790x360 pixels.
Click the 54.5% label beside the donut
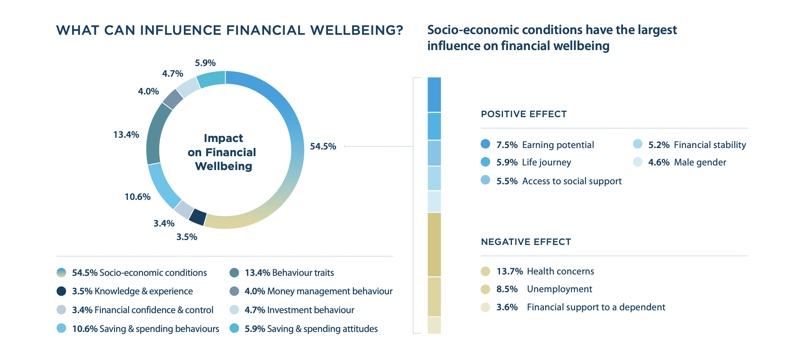tap(323, 146)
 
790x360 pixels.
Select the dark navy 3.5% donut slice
tap(198, 217)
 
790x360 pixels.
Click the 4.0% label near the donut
tap(148, 91)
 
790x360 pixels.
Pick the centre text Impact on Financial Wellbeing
tap(223, 152)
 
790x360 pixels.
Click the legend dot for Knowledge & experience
tap(61, 291)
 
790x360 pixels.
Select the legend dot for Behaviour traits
tap(234, 273)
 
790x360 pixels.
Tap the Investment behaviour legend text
tap(311, 310)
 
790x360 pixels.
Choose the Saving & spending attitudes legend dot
tap(234, 328)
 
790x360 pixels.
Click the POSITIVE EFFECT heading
tap(523, 114)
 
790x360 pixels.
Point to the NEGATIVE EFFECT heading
tap(526, 242)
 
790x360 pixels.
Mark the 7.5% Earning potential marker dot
tap(485, 144)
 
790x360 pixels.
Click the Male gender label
tap(700, 162)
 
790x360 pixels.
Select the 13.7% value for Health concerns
tap(509, 271)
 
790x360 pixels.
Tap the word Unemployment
tap(559, 289)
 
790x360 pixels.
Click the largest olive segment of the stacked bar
tap(434, 244)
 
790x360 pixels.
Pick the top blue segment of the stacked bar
tap(434, 94)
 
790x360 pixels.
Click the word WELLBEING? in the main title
tap(357, 30)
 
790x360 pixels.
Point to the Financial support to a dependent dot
tap(485, 307)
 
